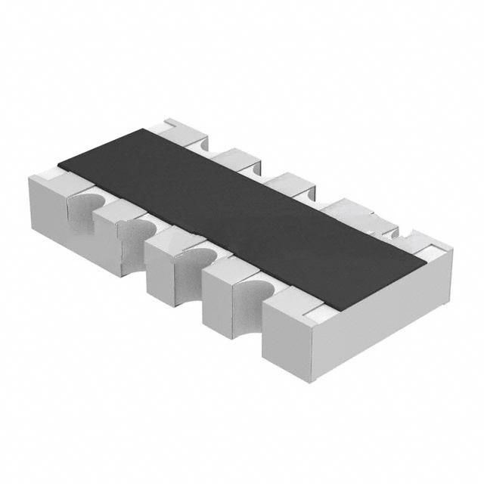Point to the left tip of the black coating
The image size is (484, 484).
pyautogui.click(x=59, y=165)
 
